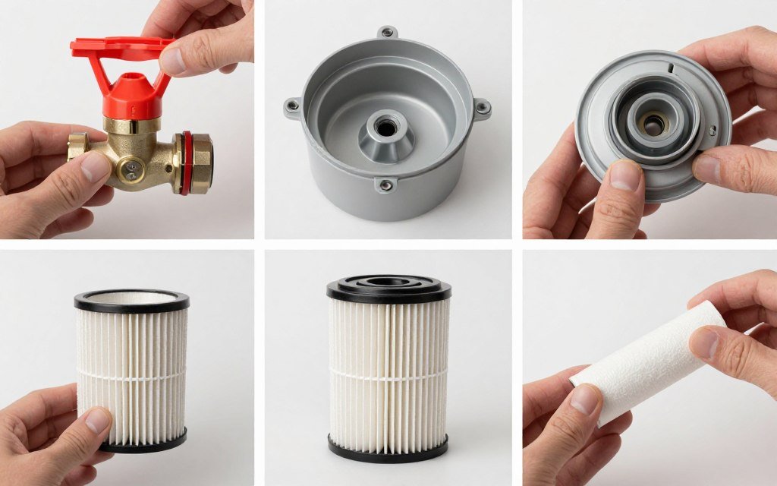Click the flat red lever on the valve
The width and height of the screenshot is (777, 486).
[x=121, y=48]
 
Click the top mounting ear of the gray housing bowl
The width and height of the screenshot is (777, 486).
[x=388, y=33]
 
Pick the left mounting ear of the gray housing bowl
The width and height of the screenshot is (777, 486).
[x=292, y=106]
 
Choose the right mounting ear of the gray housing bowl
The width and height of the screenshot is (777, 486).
[x=482, y=108]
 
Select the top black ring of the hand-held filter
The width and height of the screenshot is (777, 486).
[x=131, y=301]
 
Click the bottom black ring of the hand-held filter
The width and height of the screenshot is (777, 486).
[x=144, y=442]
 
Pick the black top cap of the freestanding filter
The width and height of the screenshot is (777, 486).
[x=388, y=287]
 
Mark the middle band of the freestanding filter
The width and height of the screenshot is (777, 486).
[x=388, y=372]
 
